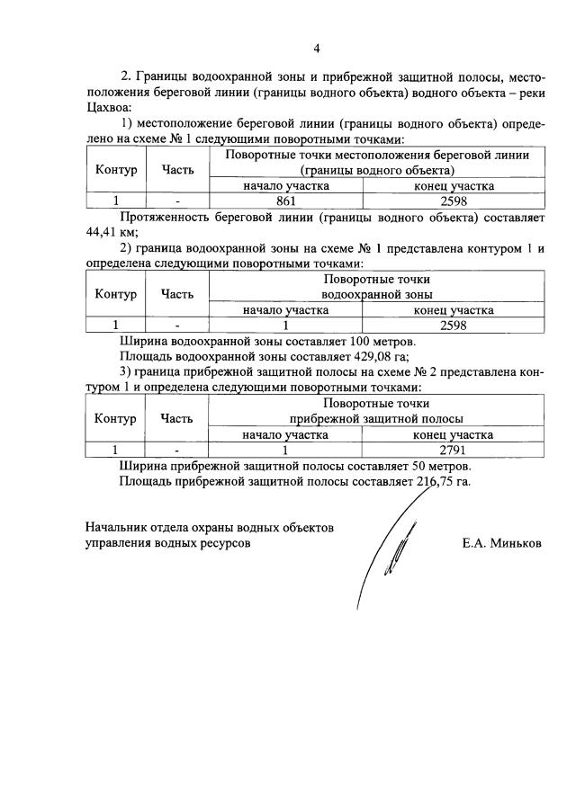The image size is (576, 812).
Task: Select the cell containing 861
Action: [285, 201]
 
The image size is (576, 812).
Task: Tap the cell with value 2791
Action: [453, 449]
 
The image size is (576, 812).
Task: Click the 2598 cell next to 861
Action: [453, 201]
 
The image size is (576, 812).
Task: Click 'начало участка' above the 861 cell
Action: [285, 185]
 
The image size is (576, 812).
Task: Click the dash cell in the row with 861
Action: [177, 201]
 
